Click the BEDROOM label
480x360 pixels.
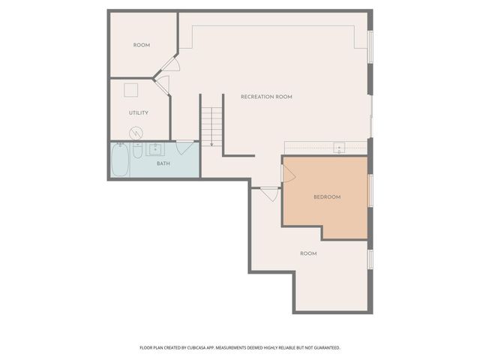[327, 197]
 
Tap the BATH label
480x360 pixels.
[163, 163]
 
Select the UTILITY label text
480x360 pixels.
[138, 113]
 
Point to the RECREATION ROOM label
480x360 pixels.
[266, 97]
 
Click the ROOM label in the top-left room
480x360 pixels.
[142, 45]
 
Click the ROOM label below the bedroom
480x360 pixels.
[308, 253]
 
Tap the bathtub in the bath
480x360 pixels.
[120, 160]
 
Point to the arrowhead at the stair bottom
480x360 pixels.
[211, 144]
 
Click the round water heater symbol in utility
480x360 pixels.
[136, 133]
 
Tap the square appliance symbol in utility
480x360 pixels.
[131, 90]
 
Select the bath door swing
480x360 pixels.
[185, 146]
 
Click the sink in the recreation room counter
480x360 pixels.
[338, 148]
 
